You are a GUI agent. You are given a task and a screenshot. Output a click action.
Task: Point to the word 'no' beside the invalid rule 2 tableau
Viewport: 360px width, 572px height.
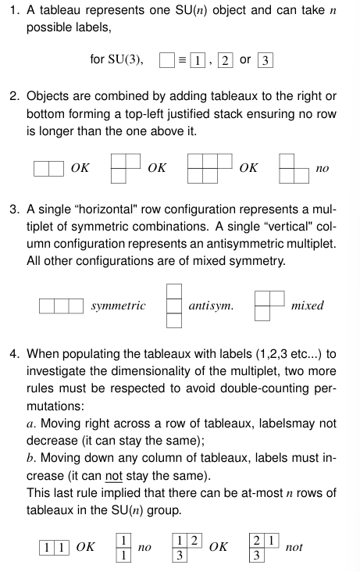(323, 168)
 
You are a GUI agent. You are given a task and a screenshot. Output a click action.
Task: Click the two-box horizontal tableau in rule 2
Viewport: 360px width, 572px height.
(48, 167)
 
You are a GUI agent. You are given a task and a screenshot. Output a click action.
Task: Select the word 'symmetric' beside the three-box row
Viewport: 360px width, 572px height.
(118, 306)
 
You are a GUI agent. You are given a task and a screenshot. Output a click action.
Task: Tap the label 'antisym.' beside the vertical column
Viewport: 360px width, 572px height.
(211, 306)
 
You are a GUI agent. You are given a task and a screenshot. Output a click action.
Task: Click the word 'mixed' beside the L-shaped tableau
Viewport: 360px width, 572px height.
(307, 306)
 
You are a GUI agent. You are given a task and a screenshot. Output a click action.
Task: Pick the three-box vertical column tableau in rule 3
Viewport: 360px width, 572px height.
(174, 306)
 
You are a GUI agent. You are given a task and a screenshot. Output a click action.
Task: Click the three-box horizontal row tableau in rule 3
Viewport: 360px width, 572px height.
(61, 306)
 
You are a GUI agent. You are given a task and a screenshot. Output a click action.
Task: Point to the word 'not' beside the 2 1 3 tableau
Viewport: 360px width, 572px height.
(294, 547)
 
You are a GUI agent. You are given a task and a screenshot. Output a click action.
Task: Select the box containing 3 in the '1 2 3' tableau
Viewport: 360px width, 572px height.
(180, 554)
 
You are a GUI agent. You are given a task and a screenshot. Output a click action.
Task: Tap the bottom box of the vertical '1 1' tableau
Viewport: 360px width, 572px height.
(123, 554)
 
